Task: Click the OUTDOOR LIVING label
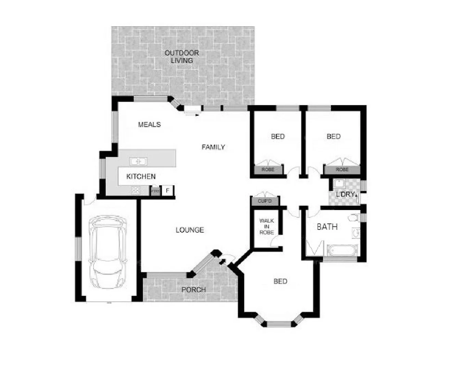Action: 181,57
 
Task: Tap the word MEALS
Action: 149,124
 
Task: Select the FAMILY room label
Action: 213,147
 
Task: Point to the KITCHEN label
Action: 141,176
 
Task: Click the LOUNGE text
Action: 190,230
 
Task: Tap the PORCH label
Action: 193,289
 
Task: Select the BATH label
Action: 327,226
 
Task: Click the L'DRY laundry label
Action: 345,194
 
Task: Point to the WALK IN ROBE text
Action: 266,226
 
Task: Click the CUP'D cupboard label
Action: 264,201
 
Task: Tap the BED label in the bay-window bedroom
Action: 280,281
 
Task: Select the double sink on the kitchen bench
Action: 138,161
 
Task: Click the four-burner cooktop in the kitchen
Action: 136,190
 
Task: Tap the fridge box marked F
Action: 167,190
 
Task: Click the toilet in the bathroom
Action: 353,218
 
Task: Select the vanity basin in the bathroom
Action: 356,233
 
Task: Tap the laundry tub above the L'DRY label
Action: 339,183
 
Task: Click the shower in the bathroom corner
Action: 314,248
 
